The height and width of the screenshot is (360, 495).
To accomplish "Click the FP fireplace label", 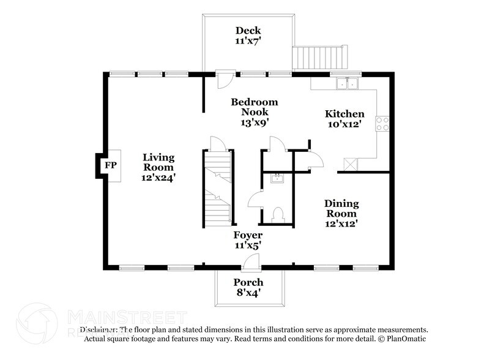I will (x=110, y=165).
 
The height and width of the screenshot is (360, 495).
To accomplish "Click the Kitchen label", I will (x=344, y=114).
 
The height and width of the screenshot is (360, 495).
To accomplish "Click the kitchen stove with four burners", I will (x=383, y=124).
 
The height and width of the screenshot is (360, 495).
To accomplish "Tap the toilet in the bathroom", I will (x=277, y=214).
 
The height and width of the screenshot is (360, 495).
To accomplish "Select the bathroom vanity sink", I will (x=277, y=178).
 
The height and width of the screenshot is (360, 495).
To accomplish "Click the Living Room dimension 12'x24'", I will (x=159, y=178).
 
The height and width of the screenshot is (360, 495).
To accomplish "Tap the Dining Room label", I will (x=341, y=208).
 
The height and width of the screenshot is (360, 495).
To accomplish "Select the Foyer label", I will (x=248, y=235).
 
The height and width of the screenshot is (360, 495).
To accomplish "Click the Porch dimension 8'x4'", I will (x=248, y=293).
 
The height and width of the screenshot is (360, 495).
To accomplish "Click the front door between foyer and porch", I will (x=249, y=263).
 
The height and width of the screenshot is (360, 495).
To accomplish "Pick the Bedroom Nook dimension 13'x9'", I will (x=255, y=122).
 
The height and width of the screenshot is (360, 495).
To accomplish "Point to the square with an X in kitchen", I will (x=351, y=163).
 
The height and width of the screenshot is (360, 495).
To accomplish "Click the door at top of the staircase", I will (x=218, y=143).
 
